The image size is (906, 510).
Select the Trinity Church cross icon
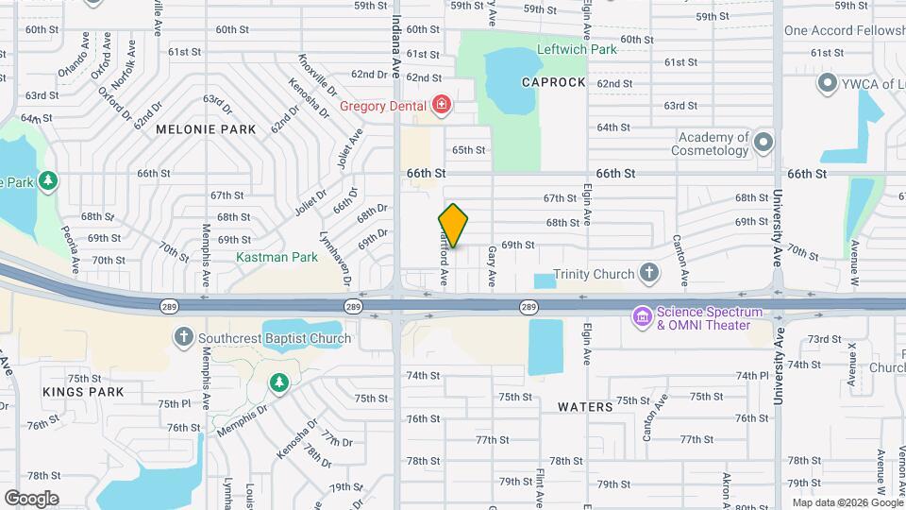[648, 274]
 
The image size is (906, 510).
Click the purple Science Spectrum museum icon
[643, 315]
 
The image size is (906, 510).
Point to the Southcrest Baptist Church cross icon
[183, 337]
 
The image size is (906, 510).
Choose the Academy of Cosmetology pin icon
[763, 143]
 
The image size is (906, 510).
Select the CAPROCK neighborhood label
[554, 83]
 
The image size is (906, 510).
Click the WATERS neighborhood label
[585, 406]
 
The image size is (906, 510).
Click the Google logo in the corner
[31, 499]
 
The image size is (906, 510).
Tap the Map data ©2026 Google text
[846, 502]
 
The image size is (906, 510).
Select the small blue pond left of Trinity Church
[545, 280]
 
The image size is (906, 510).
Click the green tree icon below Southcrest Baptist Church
[277, 382]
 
